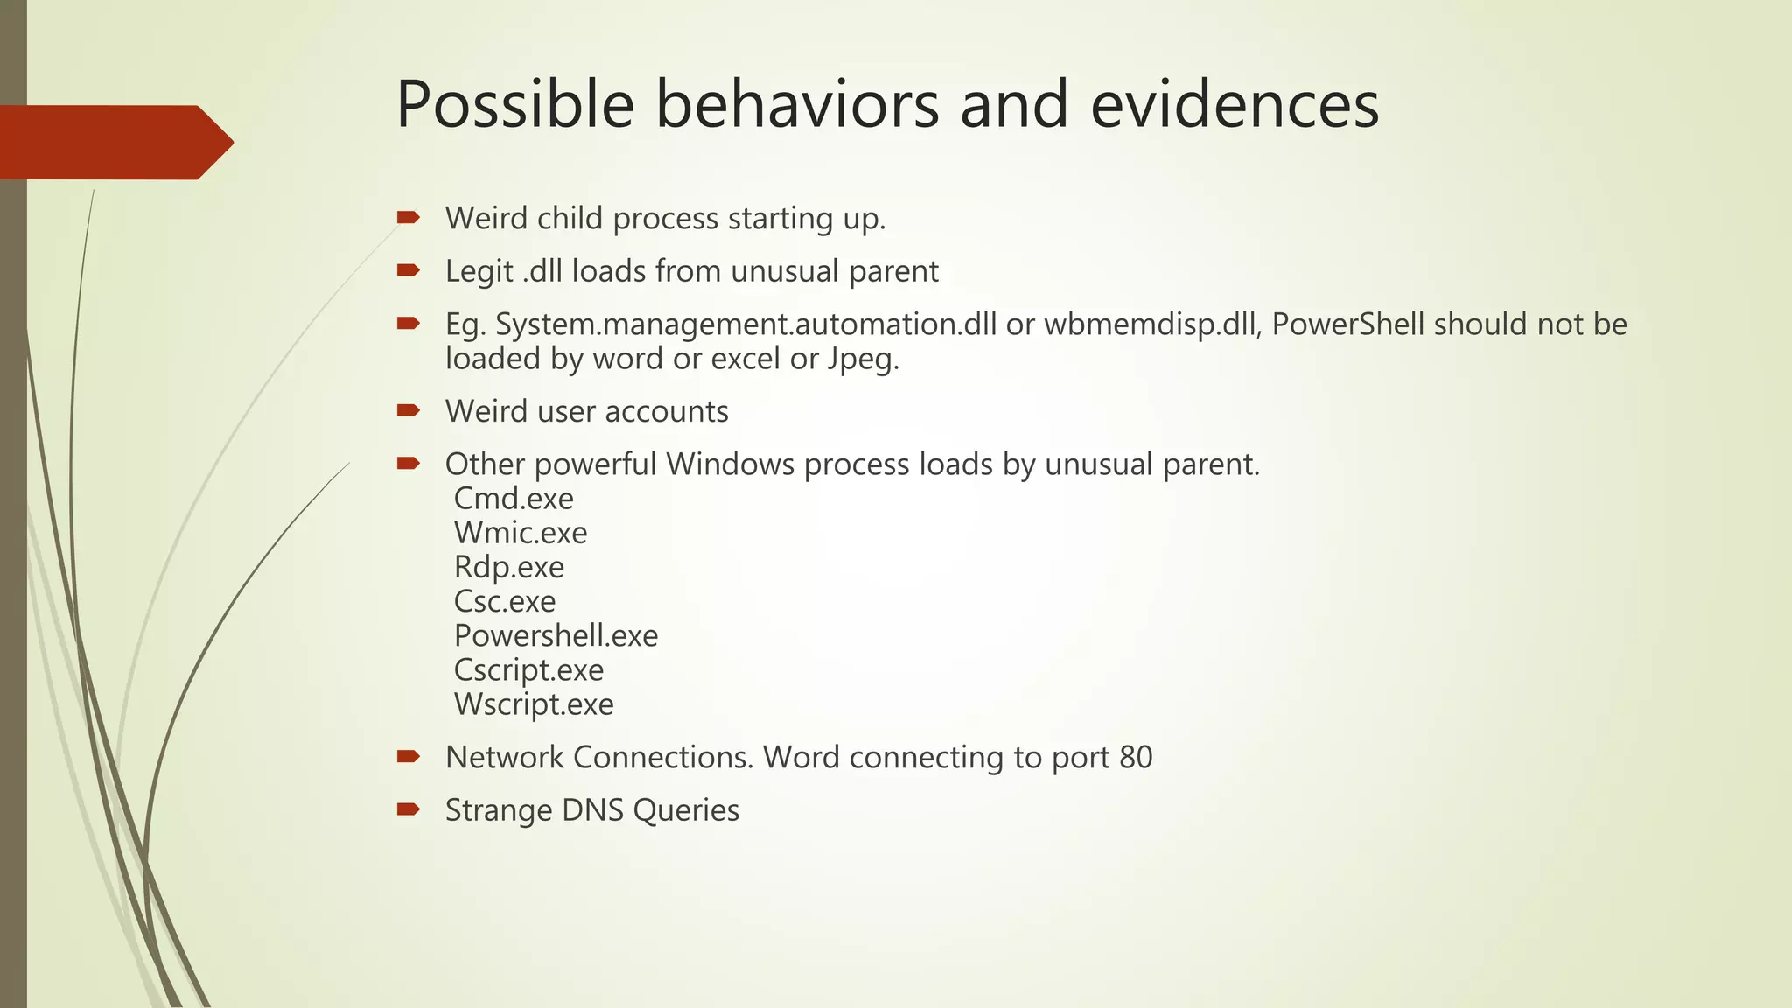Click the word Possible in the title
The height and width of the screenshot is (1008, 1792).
click(514, 105)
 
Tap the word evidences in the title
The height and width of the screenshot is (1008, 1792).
click(1234, 105)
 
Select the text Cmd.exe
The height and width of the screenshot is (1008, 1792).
click(514, 499)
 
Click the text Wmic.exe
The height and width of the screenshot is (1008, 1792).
click(521, 533)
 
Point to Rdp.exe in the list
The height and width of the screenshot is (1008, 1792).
click(509, 567)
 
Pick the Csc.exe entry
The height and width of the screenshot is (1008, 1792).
click(505, 601)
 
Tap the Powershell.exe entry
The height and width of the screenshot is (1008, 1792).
click(556, 635)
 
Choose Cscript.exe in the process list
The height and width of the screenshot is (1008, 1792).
click(528, 670)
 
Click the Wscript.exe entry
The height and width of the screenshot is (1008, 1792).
click(534, 704)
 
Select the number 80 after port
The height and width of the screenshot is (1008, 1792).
click(1135, 757)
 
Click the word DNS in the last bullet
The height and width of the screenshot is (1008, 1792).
click(592, 810)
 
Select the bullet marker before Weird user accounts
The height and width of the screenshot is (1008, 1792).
click(408, 410)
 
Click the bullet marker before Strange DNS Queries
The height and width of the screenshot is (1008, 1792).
click(408, 809)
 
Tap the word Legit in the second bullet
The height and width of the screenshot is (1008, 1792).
click(479, 272)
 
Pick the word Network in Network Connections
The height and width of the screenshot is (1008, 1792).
click(504, 757)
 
